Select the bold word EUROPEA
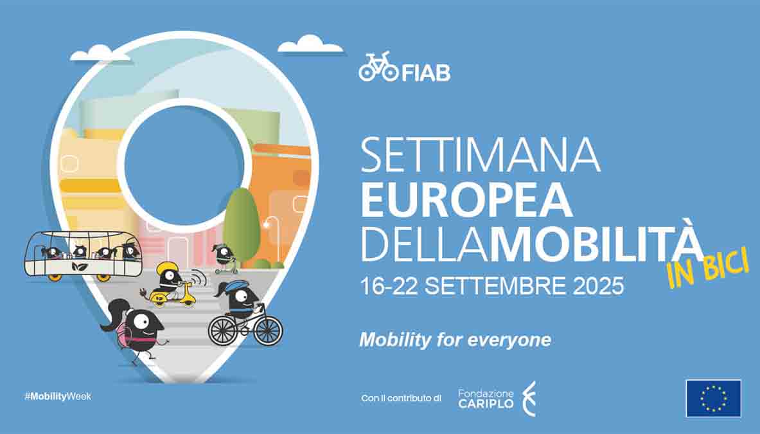pyautogui.click(x=467, y=200)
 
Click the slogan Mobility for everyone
pyautogui.click(x=455, y=340)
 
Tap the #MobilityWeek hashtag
pyautogui.click(x=58, y=396)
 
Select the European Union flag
pyautogui.click(x=714, y=398)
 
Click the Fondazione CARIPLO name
pyautogui.click(x=486, y=398)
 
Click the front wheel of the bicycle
pyautogui.click(x=268, y=330)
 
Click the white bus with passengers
pyautogui.click(x=84, y=255)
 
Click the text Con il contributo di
pyautogui.click(x=402, y=398)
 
